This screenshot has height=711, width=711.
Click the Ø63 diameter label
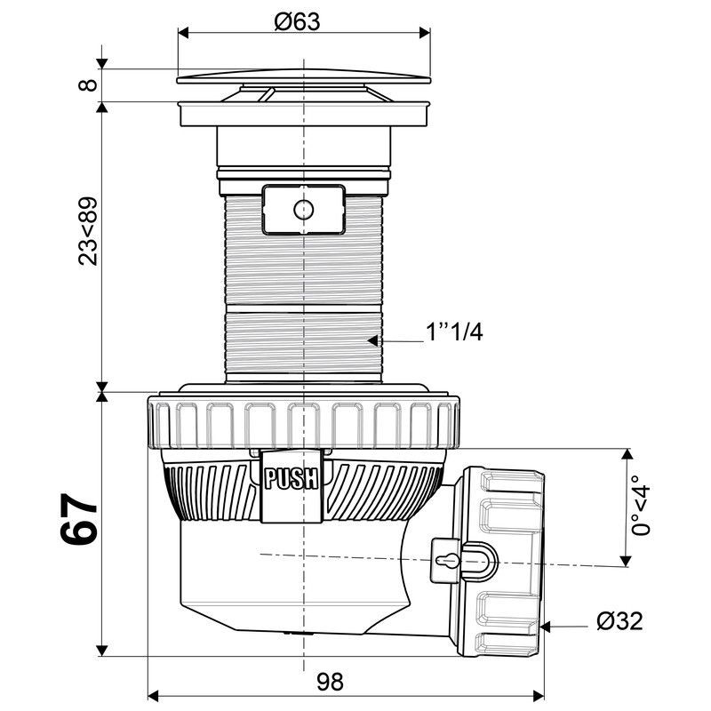tap(297, 21)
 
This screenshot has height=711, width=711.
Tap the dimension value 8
tap(88, 84)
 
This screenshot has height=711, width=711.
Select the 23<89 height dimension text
tap(88, 231)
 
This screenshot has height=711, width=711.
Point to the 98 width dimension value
tap(330, 682)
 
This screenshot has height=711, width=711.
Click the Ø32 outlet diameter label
tap(619, 620)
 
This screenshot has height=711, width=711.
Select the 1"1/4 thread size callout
tap(454, 332)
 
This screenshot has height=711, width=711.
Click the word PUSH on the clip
tap(292, 479)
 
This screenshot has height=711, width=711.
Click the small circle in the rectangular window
tap(303, 210)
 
